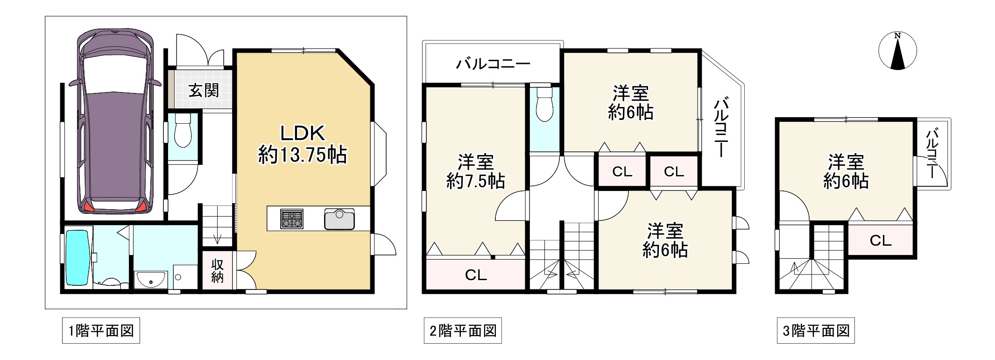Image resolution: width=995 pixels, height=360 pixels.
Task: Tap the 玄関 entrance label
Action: point(204,90)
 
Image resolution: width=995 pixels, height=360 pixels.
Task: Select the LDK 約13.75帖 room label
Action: point(303,144)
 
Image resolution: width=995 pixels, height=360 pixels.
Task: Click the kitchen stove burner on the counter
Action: point(292,219)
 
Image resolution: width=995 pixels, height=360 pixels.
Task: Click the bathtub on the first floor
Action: point(77,257)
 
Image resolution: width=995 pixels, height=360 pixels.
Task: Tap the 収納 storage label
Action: point(218,271)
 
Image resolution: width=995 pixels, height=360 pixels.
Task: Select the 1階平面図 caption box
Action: point(101,331)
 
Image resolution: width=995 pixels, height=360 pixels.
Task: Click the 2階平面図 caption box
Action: point(463,331)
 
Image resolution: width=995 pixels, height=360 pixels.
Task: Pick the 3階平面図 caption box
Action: point(816,331)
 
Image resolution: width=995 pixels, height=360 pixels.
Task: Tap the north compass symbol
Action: point(897,51)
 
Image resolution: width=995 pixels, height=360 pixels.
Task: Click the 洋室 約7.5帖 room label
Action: point(475,171)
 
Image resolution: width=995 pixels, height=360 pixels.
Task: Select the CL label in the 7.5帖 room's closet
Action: point(476,275)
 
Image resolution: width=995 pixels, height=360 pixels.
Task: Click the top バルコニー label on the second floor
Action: point(493,64)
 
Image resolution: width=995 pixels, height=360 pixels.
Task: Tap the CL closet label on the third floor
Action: point(881,240)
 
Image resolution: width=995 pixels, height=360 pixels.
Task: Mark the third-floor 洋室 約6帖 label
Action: point(846,171)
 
